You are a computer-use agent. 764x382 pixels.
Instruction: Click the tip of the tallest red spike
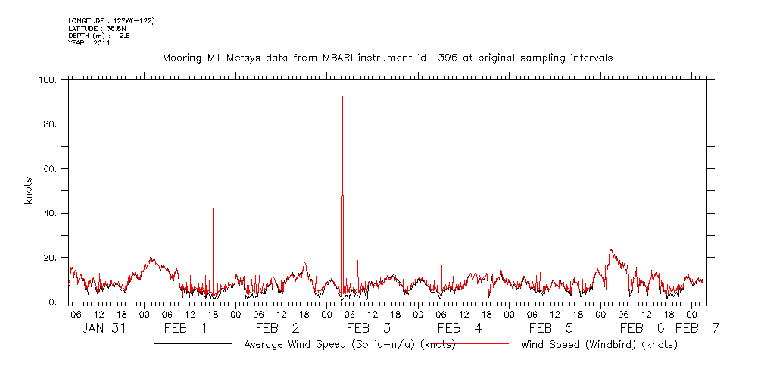pyautogui.click(x=342, y=96)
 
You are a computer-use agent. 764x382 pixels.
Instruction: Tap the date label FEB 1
pyautogui.click(x=186, y=328)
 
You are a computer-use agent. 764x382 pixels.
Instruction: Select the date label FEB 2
pyautogui.click(x=277, y=328)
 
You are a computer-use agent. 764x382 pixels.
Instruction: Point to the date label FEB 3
pyautogui.click(x=368, y=328)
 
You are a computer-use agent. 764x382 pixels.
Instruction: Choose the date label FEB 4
pyautogui.click(x=459, y=328)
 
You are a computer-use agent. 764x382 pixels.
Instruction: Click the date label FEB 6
pyautogui.click(x=642, y=328)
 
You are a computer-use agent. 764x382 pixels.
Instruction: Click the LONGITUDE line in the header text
pyautogui.click(x=111, y=20)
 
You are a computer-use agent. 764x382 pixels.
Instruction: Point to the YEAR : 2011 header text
pyautogui.click(x=89, y=43)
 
